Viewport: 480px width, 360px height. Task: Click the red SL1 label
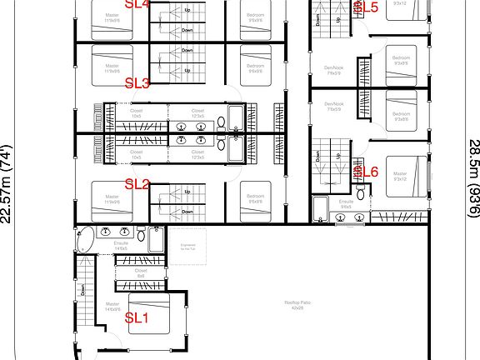pos(137,317)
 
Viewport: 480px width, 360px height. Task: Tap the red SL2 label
pos(137,184)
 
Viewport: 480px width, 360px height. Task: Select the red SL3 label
pos(137,83)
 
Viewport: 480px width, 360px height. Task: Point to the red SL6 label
pos(367,172)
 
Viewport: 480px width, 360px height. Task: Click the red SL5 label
pos(367,7)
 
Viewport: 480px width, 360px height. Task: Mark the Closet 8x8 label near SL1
pos(141,272)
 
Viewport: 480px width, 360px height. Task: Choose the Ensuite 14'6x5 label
pos(120,246)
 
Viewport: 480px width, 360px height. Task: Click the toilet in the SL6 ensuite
pos(340,218)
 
